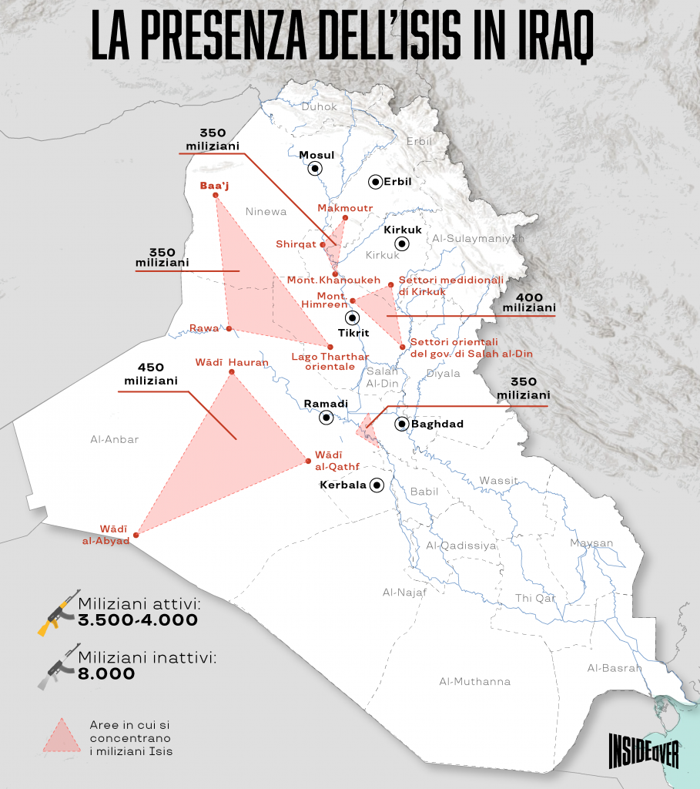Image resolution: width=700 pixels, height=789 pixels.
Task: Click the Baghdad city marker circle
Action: (x=402, y=424)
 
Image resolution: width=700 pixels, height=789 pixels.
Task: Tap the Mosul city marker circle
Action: (x=317, y=169)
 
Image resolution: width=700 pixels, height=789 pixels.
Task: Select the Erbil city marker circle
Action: (x=375, y=182)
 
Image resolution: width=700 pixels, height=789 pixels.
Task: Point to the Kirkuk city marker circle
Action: (x=401, y=244)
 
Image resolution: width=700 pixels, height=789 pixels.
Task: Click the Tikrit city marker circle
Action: (x=352, y=317)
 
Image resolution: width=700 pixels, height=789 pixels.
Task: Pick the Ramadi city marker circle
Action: (x=327, y=418)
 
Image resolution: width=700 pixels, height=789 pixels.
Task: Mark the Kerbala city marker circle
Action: (x=377, y=485)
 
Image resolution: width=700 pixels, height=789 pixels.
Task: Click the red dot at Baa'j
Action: (x=214, y=195)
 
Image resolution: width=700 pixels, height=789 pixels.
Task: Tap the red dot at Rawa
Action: (x=229, y=328)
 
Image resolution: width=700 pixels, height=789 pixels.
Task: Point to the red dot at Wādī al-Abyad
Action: (x=136, y=535)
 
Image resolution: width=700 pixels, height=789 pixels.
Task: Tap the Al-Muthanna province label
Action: (x=474, y=681)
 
